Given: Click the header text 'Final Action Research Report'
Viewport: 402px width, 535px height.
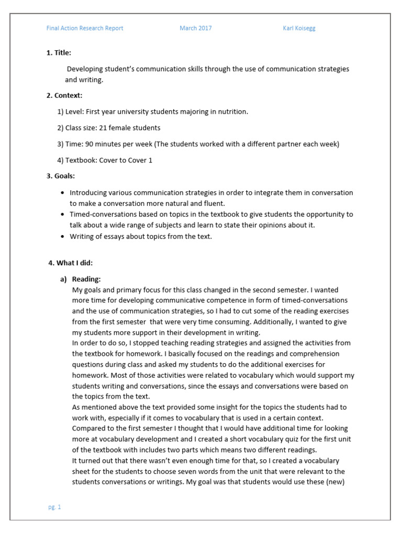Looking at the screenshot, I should pyautogui.click(x=85, y=28).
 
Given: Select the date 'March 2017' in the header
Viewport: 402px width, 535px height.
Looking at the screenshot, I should pyautogui.click(x=195, y=28).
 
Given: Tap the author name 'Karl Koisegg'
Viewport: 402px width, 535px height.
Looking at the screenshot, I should pyautogui.click(x=299, y=28).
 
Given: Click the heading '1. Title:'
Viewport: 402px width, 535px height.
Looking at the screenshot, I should pyautogui.click(x=59, y=53).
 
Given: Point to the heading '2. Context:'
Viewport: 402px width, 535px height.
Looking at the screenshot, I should pyautogui.click(x=64, y=95).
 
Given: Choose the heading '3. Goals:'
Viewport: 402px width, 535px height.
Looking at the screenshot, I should pyautogui.click(x=61, y=176).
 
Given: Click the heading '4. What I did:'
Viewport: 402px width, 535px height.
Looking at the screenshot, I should pyautogui.click(x=70, y=263).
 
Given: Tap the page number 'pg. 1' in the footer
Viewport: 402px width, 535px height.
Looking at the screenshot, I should pyautogui.click(x=54, y=507).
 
